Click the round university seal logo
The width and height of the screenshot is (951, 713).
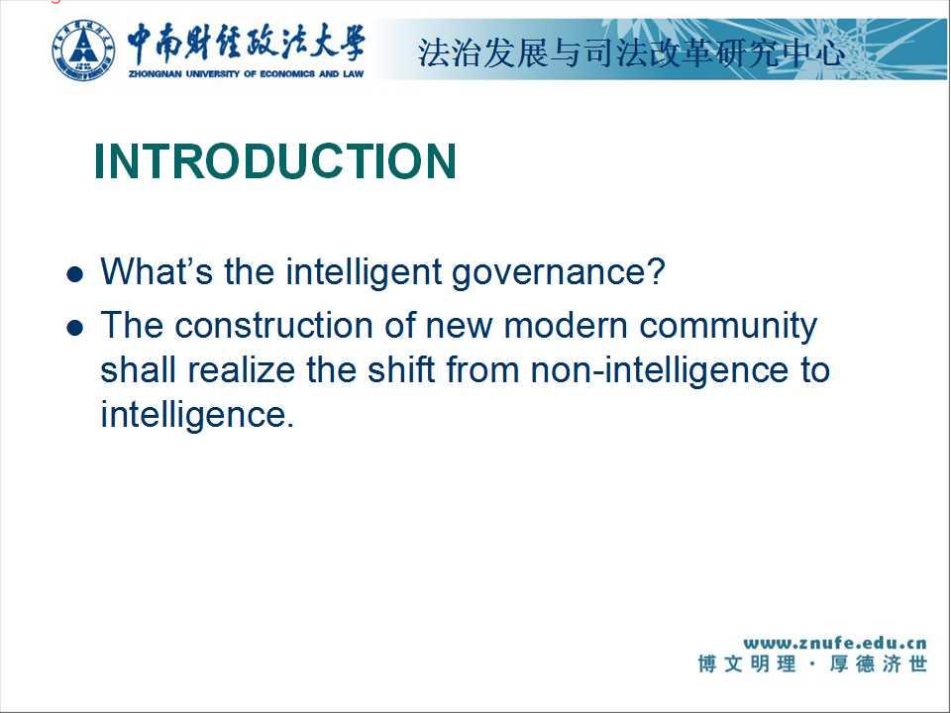[83, 50]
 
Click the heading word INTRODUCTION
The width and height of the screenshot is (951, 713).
[275, 161]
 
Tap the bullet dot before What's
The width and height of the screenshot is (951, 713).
[74, 274]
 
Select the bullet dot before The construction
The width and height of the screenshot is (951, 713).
[74, 328]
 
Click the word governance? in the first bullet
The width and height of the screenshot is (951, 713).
[559, 273]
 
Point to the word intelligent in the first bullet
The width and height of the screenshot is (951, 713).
[364, 272]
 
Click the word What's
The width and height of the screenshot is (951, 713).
[157, 271]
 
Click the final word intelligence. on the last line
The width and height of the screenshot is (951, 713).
[197, 416]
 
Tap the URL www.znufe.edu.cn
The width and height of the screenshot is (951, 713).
[835, 643]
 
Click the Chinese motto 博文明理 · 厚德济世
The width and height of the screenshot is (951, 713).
[812, 663]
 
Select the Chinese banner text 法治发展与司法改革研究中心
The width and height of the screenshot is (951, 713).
[631, 52]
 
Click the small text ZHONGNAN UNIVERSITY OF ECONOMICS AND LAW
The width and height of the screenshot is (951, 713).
[247, 74]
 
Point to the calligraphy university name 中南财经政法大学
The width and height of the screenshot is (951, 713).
[246, 44]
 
